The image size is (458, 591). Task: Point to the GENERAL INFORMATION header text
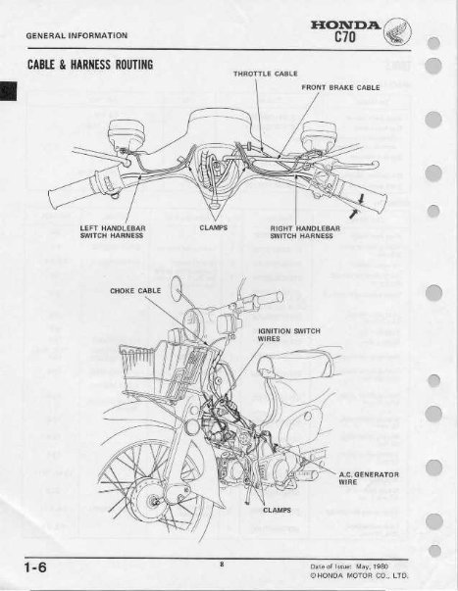pos(78,35)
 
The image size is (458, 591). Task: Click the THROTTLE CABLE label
pos(266,74)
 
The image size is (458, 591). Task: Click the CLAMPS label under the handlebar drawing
pos(214,227)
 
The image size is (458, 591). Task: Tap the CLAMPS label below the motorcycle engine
pos(278,510)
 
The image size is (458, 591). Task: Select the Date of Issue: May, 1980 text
pos(352,565)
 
